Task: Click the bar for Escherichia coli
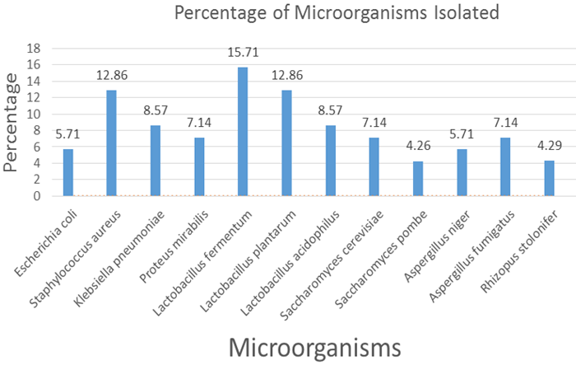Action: [68, 172]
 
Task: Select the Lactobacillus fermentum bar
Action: [243, 132]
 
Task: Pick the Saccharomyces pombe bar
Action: [418, 178]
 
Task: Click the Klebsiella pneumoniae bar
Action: [156, 161]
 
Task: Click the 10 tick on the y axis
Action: [34, 114]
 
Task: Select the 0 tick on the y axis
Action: [37, 196]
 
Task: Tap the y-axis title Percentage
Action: [12, 122]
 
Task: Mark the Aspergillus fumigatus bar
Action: [505, 166]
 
